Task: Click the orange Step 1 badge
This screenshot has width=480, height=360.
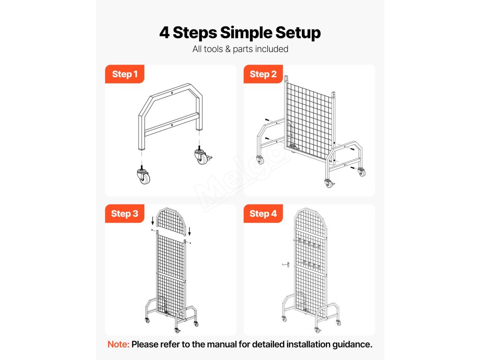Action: click(x=125, y=74)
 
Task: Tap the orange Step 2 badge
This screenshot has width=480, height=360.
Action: click(x=263, y=74)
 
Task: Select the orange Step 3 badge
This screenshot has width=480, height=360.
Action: click(x=125, y=213)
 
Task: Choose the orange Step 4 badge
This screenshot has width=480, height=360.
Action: click(x=263, y=213)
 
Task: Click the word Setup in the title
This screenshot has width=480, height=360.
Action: click(x=298, y=33)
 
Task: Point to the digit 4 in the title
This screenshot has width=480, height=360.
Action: click(x=165, y=32)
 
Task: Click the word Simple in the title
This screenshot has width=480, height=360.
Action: click(x=246, y=33)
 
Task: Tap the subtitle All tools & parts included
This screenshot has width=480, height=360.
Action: click(x=240, y=49)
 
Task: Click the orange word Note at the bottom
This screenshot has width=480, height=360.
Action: click(x=118, y=345)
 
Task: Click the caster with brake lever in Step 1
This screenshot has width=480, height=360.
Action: click(x=202, y=156)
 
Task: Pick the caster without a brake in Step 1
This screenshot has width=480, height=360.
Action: click(x=143, y=175)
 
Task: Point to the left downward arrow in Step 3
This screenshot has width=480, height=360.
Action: click(x=153, y=221)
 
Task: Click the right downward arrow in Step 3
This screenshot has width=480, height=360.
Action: click(x=189, y=232)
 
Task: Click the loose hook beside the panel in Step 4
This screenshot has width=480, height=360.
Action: click(x=286, y=264)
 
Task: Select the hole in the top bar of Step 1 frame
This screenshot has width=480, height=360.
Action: click(x=172, y=93)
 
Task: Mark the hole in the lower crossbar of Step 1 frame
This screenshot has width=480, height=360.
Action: click(x=172, y=125)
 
